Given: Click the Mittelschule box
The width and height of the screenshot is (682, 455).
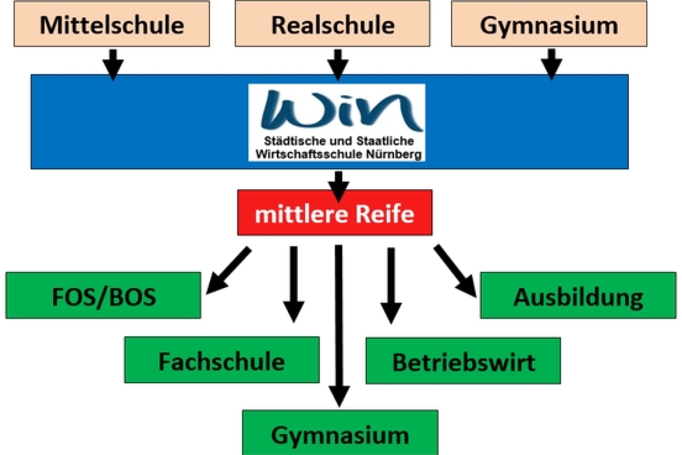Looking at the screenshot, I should click(x=112, y=24).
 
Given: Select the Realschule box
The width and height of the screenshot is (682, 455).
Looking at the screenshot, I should click(x=333, y=24).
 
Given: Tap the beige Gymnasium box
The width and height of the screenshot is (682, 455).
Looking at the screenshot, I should click(x=549, y=24).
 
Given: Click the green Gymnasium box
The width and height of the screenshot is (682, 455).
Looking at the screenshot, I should click(x=340, y=434).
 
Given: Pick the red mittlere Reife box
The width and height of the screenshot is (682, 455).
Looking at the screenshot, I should click(x=335, y=213).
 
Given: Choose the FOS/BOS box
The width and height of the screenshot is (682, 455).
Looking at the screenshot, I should click(x=104, y=295).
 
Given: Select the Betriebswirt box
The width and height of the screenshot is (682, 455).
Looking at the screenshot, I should click(x=463, y=361).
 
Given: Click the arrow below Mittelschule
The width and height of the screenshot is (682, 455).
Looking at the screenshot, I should click(x=112, y=63).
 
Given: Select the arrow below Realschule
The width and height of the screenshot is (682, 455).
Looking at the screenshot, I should click(x=337, y=63).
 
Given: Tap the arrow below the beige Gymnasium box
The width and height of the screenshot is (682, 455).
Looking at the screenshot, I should click(x=551, y=63).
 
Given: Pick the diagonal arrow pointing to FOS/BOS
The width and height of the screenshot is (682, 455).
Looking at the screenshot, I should click(x=228, y=271).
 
